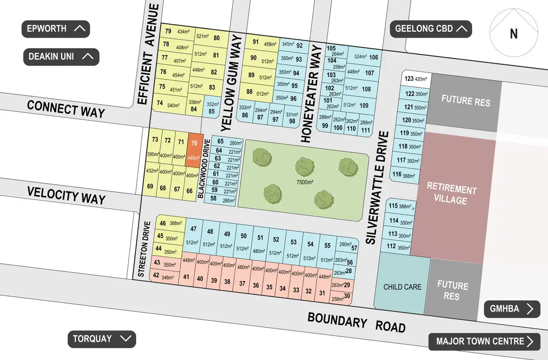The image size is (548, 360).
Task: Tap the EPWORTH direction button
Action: pyautogui.click(x=56, y=29)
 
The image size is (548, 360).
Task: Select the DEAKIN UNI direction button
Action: pyautogui.click(x=61, y=57)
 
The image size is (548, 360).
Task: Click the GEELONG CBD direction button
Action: pyautogui.click(x=431, y=29)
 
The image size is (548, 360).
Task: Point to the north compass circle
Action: pyautogui.click(x=513, y=33)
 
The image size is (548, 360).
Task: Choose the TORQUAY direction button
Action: pyautogui.click(x=102, y=339)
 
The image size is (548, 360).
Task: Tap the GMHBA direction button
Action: pyautogui.click(x=512, y=309)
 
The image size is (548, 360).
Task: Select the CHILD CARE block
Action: pyautogui.click(x=402, y=287)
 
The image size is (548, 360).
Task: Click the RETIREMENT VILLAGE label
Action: pyautogui.click(x=452, y=195)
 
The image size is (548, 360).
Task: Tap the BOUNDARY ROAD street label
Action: pyautogui.click(x=356, y=323)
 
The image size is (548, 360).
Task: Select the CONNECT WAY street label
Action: pyautogui.click(x=66, y=109)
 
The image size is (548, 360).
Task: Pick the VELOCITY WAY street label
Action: pyautogui.click(x=66, y=195)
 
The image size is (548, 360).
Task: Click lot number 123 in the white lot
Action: pyautogui.click(x=409, y=78)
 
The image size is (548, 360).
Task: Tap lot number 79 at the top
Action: pyautogui.click(x=168, y=31)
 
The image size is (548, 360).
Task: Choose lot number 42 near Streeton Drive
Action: pyautogui.click(x=156, y=276)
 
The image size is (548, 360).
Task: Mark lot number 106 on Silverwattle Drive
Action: pyautogui.click(x=374, y=57)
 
